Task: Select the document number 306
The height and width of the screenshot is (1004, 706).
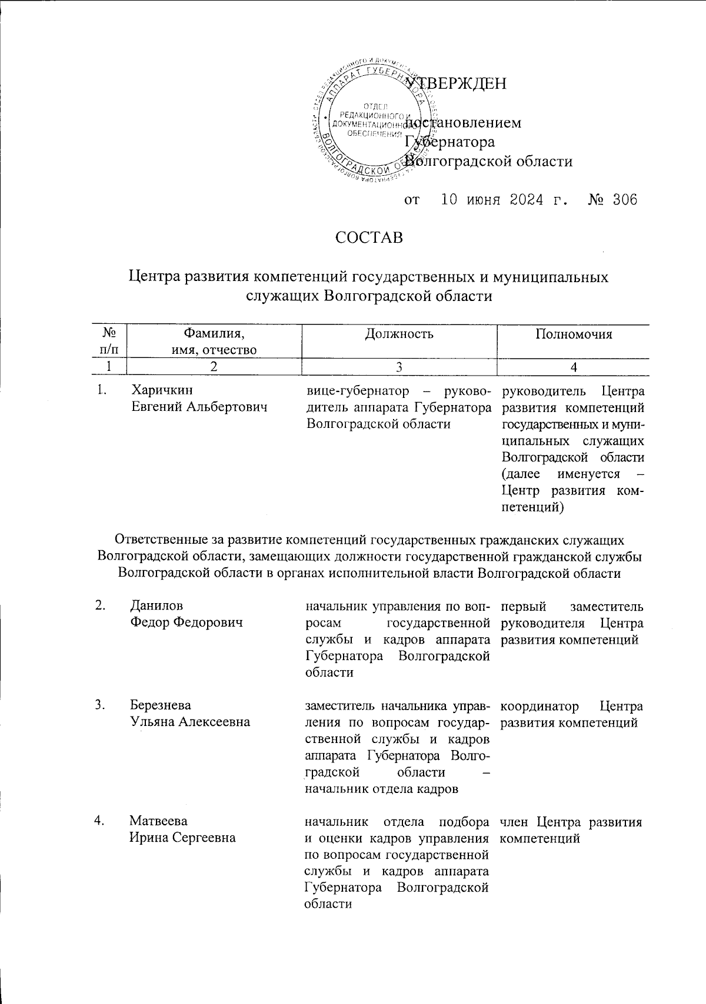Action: click(x=624, y=200)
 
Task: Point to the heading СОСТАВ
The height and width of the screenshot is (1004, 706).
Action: click(x=369, y=238)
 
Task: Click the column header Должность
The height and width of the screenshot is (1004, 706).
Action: click(x=399, y=334)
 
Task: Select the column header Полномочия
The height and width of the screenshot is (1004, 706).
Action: click(x=573, y=334)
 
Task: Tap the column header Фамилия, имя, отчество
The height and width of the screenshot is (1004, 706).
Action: click(x=214, y=342)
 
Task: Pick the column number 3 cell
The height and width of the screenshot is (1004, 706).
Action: click(x=399, y=367)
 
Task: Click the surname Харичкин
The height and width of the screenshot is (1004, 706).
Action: click(x=161, y=390)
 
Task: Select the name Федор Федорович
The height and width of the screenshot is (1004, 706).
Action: click(x=187, y=622)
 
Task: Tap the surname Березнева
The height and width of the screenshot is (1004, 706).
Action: click(x=161, y=705)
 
